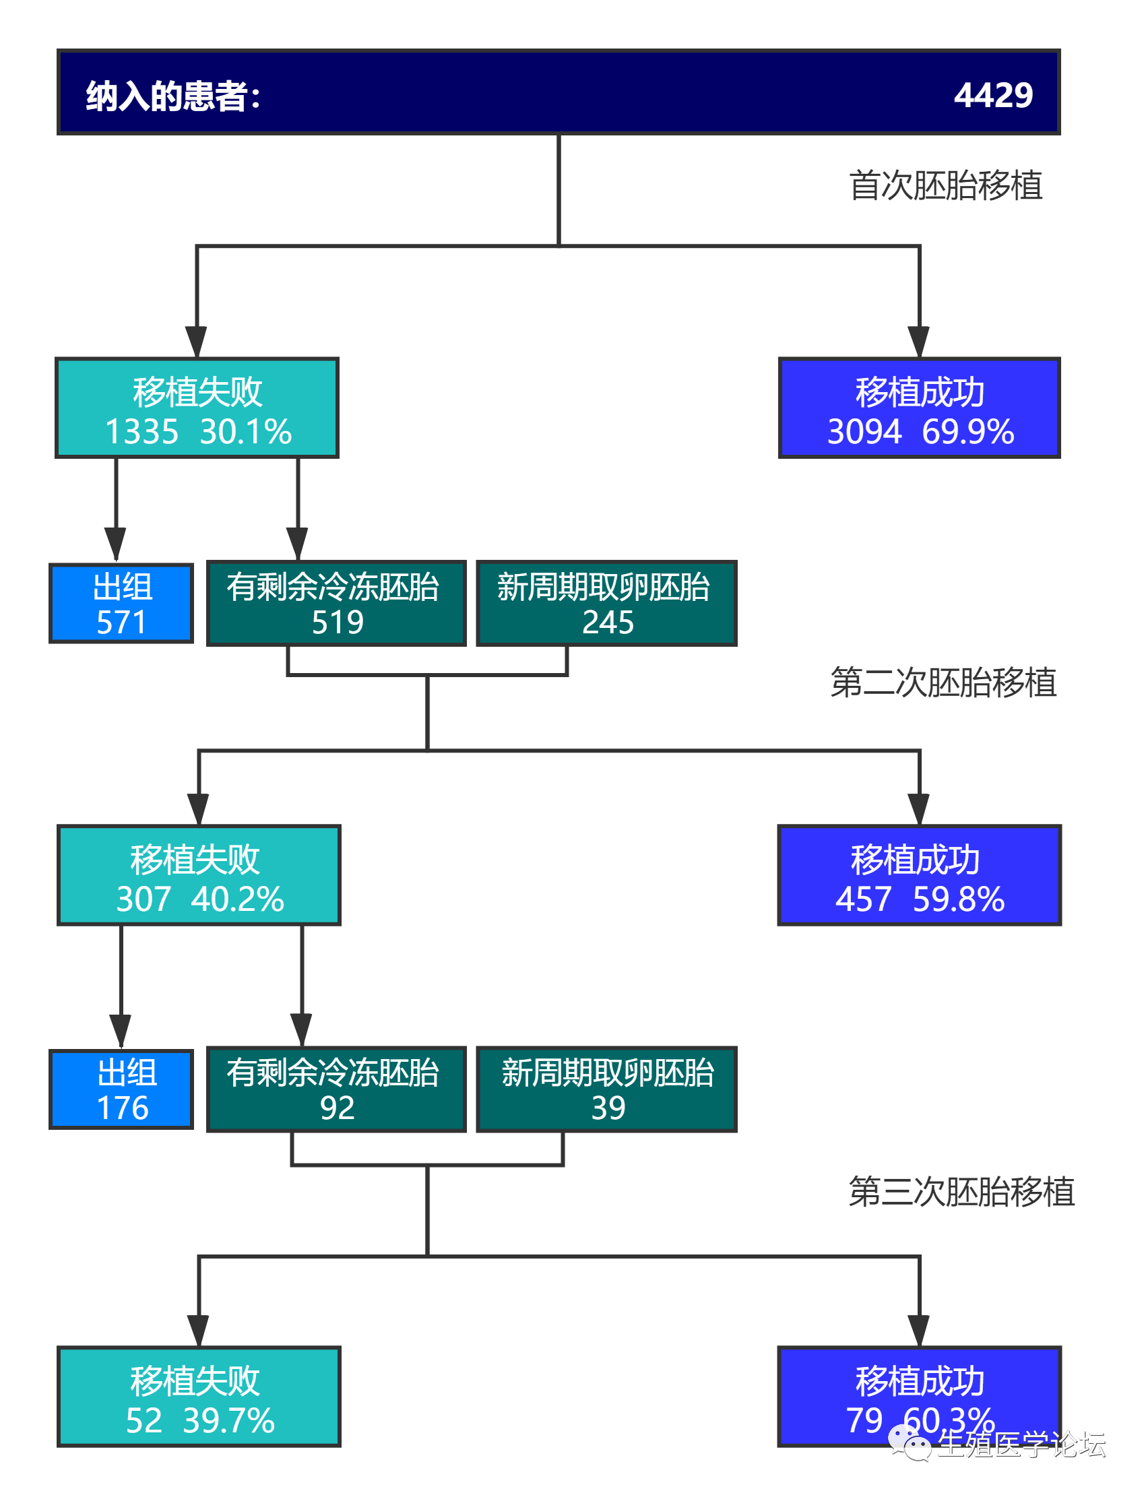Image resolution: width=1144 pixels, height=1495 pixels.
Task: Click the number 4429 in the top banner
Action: pyautogui.click(x=993, y=94)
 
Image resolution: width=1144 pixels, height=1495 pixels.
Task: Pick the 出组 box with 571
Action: pyautogui.click(x=121, y=604)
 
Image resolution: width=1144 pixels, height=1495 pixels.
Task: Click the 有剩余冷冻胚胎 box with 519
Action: pyautogui.click(x=336, y=604)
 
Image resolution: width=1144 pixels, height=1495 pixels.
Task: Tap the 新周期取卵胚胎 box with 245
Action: pyautogui.click(x=606, y=604)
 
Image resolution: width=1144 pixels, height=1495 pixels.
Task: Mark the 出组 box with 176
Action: pyautogui.click(x=121, y=1089)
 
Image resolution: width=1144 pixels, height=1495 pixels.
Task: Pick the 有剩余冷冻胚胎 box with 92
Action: pyautogui.click(x=336, y=1089)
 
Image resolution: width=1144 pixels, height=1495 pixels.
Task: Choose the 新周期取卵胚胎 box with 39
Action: pyautogui.click(x=606, y=1089)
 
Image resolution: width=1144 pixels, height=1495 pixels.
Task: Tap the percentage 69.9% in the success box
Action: pyautogui.click(x=967, y=433)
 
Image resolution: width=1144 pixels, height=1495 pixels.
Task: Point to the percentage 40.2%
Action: pyautogui.click(x=237, y=900)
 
